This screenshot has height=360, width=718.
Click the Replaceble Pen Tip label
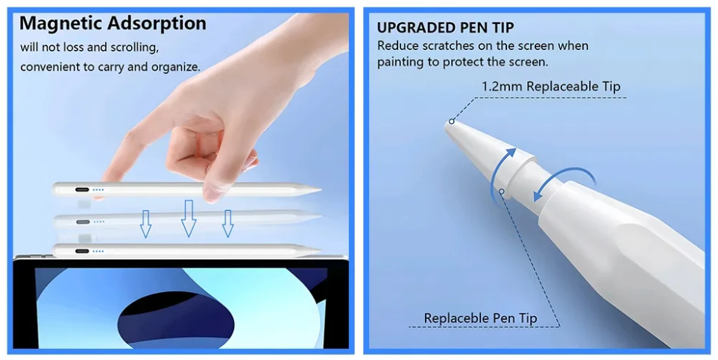click(x=480, y=318)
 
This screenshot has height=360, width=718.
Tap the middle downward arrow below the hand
click(x=188, y=218)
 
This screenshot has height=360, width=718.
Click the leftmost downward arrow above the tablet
click(x=145, y=224)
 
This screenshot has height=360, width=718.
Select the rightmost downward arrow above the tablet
click(x=227, y=224)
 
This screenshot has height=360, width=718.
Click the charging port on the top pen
click(x=83, y=189)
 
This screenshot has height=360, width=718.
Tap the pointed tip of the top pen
click(x=321, y=189)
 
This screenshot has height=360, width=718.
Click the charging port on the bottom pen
click(x=83, y=251)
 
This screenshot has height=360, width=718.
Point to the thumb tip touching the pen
click(x=212, y=195)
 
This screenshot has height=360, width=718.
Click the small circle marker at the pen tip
click(x=452, y=121)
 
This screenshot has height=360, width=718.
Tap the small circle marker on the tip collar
click(x=502, y=192)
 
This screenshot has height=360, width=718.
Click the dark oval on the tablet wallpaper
click(x=176, y=317)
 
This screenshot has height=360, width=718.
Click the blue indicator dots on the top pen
click(x=98, y=189)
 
